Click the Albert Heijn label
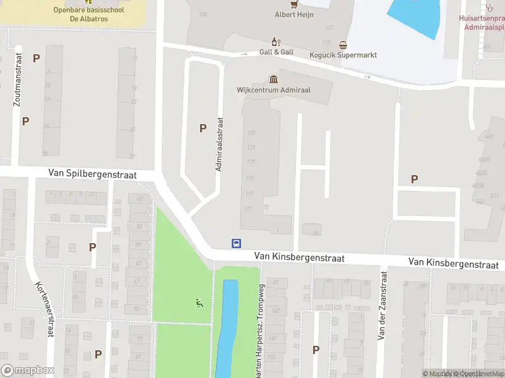tap(294, 14)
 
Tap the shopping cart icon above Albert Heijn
tap(294, 3)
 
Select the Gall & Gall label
tap(276, 52)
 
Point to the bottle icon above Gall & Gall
tap(275, 42)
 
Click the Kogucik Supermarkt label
tap(343, 55)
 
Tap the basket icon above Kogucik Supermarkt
tap(343, 45)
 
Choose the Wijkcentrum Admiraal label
tap(273, 90)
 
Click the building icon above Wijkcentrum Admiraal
tap(273, 79)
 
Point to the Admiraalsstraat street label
tap(220, 144)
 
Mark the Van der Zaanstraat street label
tap(381, 306)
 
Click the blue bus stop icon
tap(236, 243)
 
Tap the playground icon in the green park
tap(199, 302)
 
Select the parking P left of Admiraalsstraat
tap(203, 128)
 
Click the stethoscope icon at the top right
tap(490, 8)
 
